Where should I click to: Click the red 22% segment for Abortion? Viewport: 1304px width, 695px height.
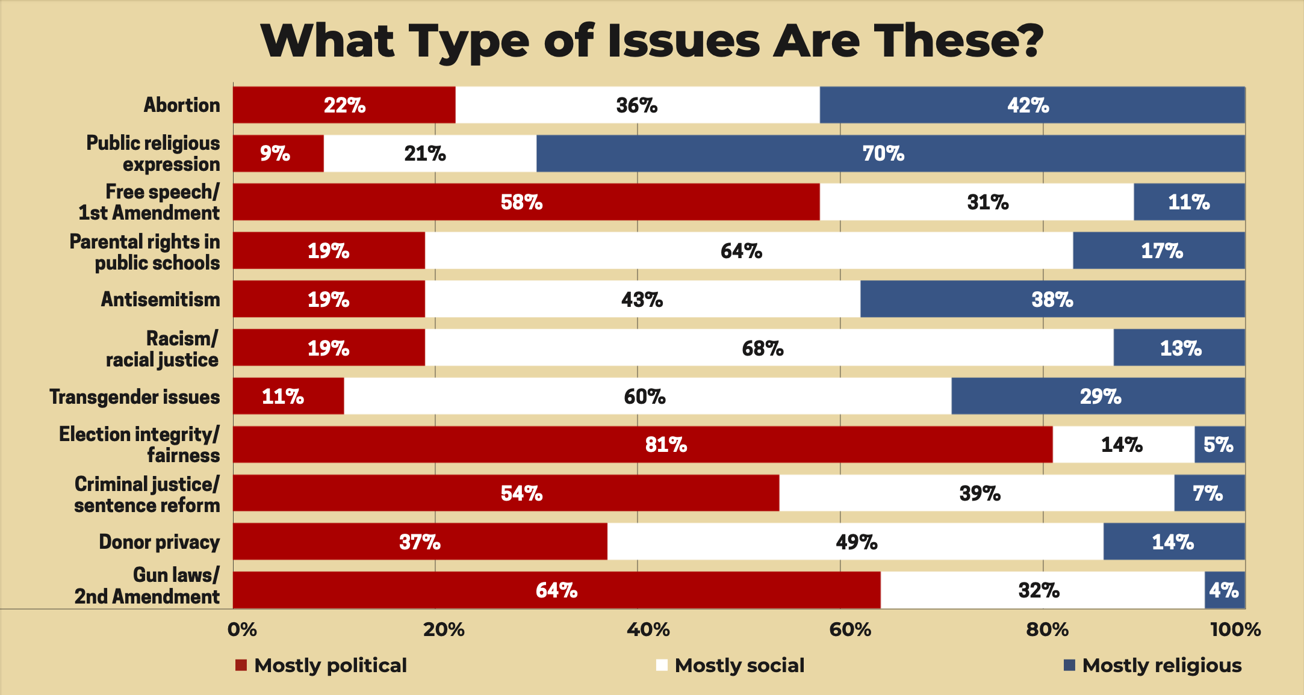(x=344, y=105)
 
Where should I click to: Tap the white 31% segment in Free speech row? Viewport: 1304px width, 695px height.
(x=976, y=202)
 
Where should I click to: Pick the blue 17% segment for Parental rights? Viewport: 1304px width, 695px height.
(x=1158, y=251)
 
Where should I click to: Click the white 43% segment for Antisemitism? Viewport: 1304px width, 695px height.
(x=642, y=300)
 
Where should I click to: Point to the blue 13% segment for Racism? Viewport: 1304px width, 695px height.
(x=1179, y=348)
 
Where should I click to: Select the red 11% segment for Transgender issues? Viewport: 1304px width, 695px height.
(x=288, y=397)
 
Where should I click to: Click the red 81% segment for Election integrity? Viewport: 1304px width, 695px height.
(x=642, y=445)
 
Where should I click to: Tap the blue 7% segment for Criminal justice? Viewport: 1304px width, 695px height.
(x=1209, y=493)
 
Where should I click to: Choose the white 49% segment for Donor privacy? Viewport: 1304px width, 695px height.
(x=855, y=542)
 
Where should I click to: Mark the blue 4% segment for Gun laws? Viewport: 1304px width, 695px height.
(x=1225, y=590)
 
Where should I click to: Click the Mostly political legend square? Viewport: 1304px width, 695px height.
(x=241, y=665)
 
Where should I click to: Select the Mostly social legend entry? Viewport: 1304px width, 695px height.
(x=739, y=665)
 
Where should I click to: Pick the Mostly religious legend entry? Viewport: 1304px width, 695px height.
(x=1161, y=665)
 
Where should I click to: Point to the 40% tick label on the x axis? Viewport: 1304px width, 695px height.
(x=648, y=629)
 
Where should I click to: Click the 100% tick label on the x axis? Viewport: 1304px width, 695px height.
(x=1235, y=629)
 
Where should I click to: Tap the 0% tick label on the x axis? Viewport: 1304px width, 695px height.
(x=242, y=629)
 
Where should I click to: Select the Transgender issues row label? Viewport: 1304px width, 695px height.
(x=134, y=397)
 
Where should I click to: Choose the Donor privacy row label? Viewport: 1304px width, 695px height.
(x=159, y=542)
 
